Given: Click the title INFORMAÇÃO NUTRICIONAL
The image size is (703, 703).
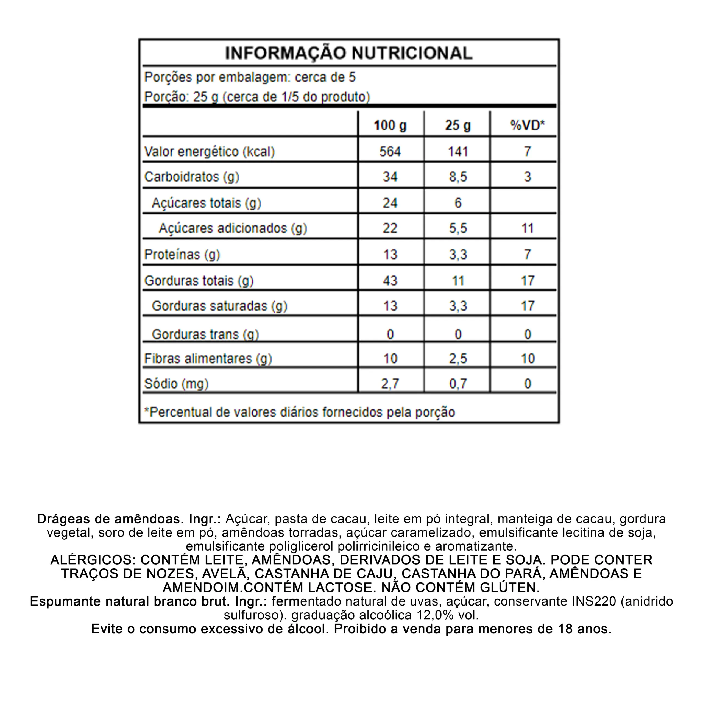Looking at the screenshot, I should click(x=348, y=53).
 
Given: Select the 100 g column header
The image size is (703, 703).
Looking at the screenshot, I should click(x=390, y=125).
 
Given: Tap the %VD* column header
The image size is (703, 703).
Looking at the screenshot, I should click(x=527, y=125).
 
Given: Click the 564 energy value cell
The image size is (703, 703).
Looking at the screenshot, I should click(x=390, y=151).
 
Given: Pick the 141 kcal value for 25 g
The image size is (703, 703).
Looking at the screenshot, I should click(x=458, y=151).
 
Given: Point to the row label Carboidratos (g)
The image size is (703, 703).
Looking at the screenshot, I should click(x=192, y=177).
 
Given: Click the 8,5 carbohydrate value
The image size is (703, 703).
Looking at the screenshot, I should click(x=458, y=177).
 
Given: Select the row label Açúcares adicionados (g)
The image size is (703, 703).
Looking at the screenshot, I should click(x=233, y=228).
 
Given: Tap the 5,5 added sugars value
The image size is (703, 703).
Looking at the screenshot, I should click(x=458, y=228).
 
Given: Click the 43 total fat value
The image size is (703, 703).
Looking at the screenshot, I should click(x=390, y=281).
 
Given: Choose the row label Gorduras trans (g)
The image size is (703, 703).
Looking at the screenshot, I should click(x=205, y=334).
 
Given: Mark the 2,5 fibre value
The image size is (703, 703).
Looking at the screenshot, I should click(x=458, y=358).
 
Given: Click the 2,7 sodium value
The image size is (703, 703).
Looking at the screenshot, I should click(x=390, y=384).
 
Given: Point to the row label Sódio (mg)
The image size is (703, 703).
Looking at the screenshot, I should click(x=177, y=384).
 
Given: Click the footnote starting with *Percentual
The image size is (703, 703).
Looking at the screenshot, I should click(x=300, y=412).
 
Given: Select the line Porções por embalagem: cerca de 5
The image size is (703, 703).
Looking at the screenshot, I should click(x=250, y=77).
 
